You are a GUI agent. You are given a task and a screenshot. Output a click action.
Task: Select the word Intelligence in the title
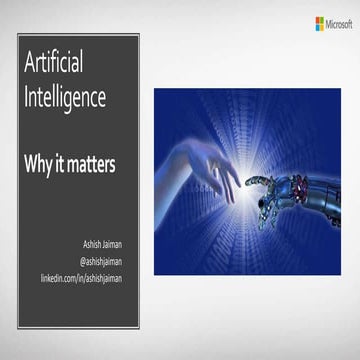point(77,97)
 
